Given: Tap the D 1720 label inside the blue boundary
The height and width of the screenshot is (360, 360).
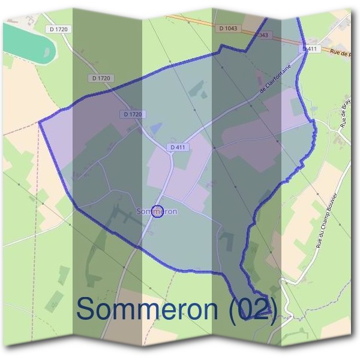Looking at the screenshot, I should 133,114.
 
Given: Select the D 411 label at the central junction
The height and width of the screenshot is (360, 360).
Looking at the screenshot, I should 178,147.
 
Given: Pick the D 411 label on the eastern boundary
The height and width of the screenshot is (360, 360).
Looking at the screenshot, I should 310,48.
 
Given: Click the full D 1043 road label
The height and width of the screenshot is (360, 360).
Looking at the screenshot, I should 229,28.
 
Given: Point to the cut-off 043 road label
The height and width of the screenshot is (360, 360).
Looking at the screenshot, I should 264,35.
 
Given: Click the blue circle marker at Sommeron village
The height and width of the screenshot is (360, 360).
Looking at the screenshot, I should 158,211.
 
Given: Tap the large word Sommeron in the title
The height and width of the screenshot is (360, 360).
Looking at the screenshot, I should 148,309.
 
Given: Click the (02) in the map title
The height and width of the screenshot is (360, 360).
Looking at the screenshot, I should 252,309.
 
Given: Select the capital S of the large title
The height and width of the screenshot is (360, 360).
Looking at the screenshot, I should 88,309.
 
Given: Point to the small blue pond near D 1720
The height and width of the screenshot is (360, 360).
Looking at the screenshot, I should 156,128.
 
